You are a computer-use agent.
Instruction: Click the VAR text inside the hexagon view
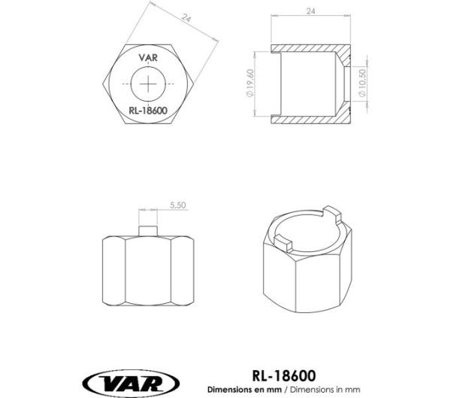pos(149,55)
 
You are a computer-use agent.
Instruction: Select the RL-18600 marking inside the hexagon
pos(148,110)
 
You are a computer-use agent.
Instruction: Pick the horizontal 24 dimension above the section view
pos(310,11)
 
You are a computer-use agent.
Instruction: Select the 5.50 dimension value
pos(178,205)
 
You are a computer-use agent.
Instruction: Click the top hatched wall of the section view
pos(308,49)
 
